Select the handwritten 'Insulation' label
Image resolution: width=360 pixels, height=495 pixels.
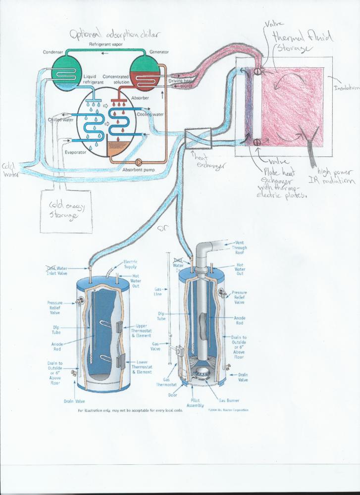345,88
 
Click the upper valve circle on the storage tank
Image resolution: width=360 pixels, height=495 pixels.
258,72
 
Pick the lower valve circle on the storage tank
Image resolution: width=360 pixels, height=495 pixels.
258,143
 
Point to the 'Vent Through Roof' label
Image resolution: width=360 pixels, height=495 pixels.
239,247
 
